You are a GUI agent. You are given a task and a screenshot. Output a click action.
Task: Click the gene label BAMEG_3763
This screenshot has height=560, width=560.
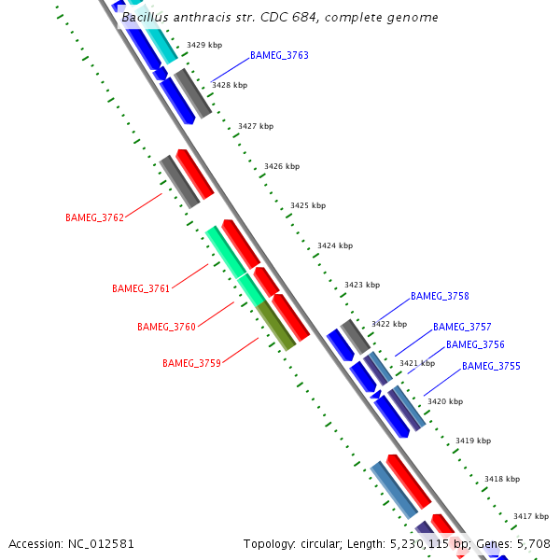279,56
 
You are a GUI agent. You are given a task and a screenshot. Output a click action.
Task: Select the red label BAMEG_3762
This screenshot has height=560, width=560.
94,218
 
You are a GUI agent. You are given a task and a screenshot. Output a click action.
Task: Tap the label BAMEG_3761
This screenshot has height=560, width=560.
141,289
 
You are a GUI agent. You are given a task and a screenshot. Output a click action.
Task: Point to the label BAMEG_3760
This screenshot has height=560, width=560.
166,328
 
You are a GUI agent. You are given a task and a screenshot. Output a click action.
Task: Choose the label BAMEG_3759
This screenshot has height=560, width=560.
191,364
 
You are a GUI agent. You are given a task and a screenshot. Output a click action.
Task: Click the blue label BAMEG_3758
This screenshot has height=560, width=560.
440,297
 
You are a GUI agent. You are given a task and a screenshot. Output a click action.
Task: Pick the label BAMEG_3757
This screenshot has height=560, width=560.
462,328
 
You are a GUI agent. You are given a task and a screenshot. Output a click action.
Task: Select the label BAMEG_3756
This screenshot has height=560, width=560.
475,345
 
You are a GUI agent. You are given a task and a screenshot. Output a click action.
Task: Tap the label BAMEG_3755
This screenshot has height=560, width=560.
491,367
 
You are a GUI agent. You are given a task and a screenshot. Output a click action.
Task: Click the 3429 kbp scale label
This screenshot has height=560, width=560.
204,45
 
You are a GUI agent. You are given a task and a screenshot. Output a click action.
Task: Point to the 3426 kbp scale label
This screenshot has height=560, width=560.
282,167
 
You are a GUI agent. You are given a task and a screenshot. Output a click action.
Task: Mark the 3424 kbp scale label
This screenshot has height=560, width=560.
335,246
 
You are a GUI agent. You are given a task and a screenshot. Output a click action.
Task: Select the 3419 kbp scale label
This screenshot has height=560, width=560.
473,441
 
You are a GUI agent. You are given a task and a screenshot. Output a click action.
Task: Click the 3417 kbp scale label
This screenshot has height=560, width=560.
531,516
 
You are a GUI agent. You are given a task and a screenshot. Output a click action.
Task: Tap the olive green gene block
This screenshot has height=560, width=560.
276,326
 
